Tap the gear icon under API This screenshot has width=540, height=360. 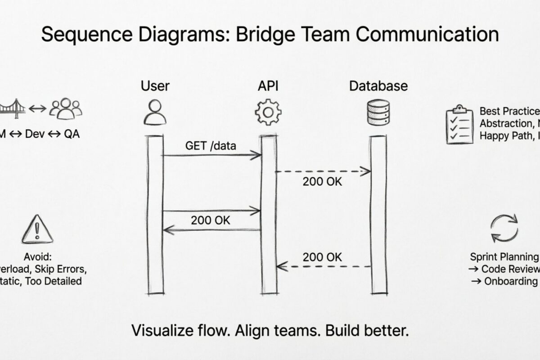(x=268, y=112)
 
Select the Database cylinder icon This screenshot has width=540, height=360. (x=378, y=112)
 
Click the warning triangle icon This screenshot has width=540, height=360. (x=37, y=229)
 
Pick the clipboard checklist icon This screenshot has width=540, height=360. (x=459, y=124)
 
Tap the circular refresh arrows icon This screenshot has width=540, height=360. (x=504, y=229)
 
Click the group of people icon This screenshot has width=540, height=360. (x=66, y=109)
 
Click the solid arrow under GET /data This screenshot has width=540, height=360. (x=211, y=156)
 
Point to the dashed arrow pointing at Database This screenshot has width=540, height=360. (x=323, y=171)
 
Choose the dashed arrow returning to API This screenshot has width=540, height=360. (x=323, y=267)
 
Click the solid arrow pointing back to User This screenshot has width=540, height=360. (x=211, y=230)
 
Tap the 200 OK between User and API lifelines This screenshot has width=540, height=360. (x=210, y=220)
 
